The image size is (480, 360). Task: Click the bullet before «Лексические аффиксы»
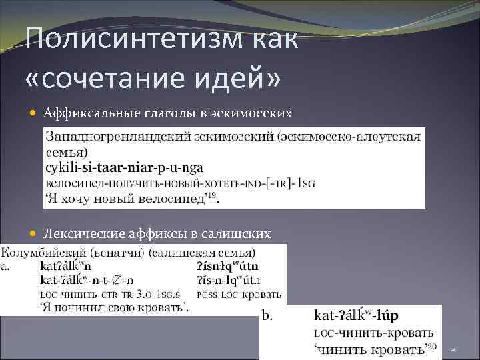coord(34,233)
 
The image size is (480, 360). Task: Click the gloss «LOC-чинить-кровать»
coord(373,332)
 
